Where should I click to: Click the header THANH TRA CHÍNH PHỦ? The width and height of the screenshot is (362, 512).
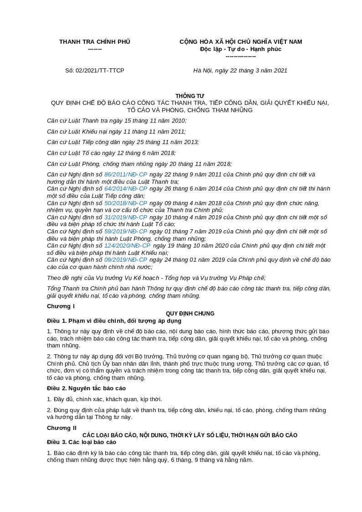tap(94, 42)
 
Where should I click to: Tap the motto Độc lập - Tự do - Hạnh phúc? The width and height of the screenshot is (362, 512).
tap(240, 49)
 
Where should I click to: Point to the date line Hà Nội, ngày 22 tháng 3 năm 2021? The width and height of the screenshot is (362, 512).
tap(240, 71)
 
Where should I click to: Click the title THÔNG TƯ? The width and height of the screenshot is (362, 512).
tap(190, 96)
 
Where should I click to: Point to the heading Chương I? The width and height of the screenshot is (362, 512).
tap(61, 306)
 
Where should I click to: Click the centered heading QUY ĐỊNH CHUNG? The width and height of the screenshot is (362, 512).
tap(190, 314)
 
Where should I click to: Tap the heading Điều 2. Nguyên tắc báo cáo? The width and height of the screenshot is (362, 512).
tap(86, 388)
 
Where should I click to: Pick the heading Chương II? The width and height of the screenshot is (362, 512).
tap(62, 428)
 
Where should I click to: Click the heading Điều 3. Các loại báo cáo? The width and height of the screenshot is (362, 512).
tap(82, 442)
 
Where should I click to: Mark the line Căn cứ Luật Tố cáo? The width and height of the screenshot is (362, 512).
tap(111, 153)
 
